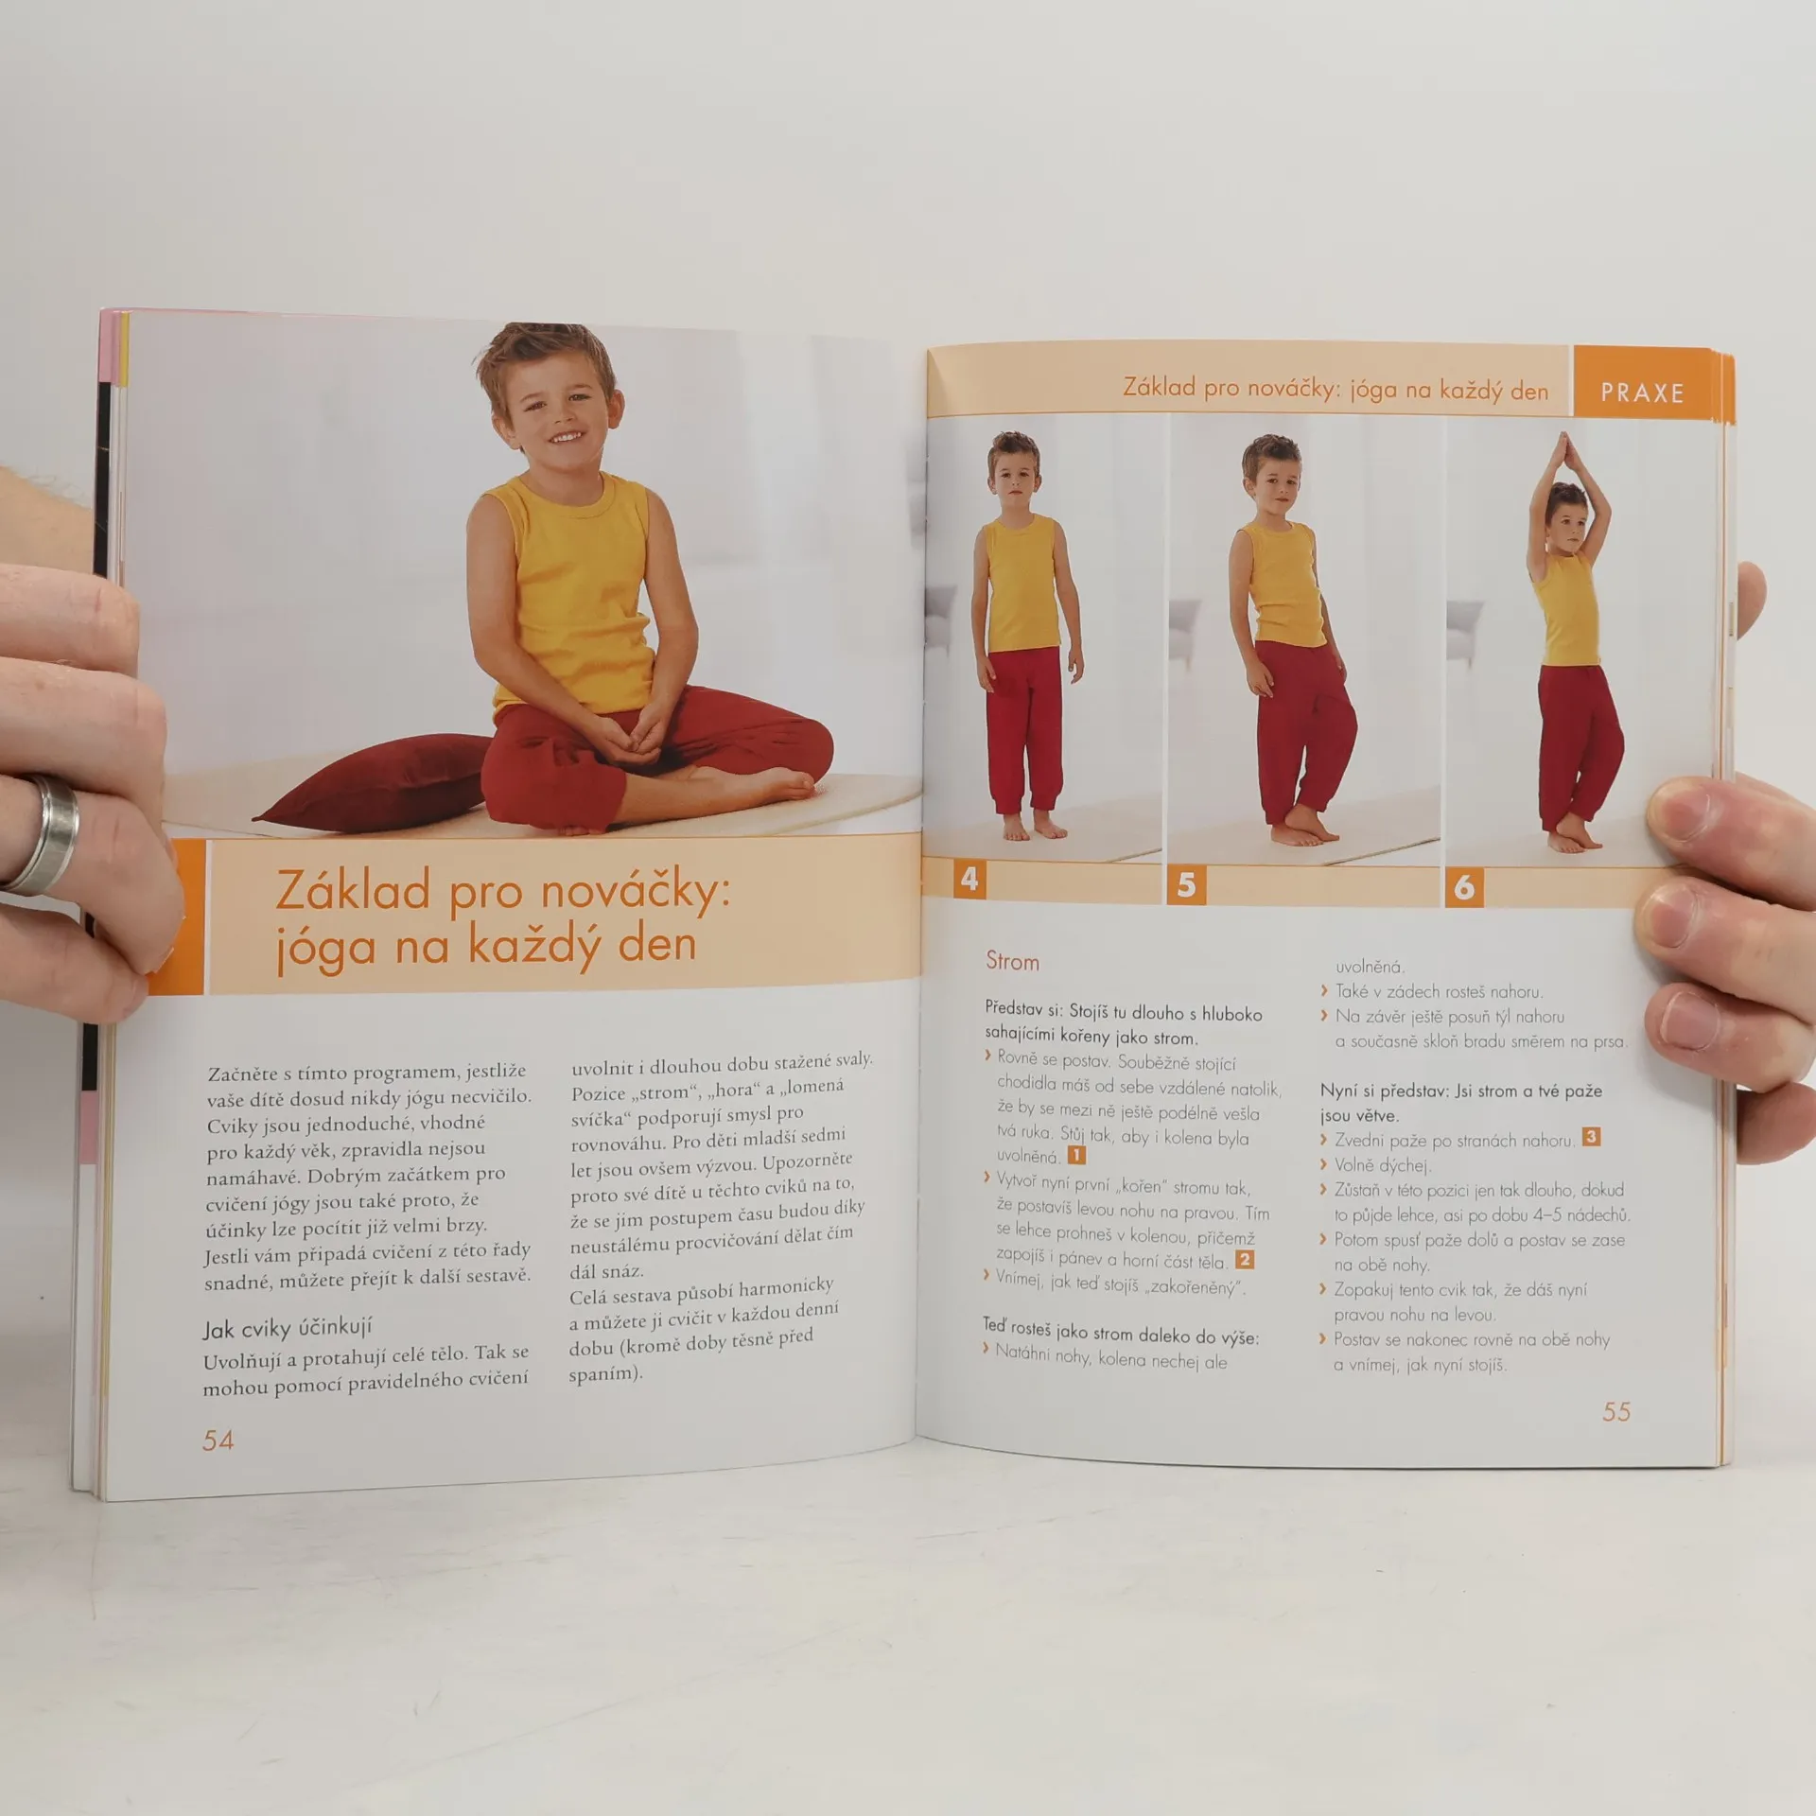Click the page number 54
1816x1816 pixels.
tap(218, 1441)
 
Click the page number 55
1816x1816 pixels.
tap(1616, 1412)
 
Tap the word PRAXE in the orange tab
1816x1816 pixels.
tap(1642, 393)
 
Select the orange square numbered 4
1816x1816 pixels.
tap(969, 879)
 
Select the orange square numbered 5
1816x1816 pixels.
tap(1186, 885)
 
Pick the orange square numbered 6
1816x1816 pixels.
tap(1464, 887)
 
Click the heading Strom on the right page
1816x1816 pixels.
tap(1012, 961)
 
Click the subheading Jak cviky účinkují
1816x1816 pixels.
tap(288, 1328)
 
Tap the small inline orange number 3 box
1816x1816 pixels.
tap(1591, 1136)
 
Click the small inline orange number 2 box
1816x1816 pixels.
tap(1245, 1259)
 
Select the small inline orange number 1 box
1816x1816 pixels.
tap(1076, 1154)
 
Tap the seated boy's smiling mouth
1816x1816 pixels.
tap(566, 436)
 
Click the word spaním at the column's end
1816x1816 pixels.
tap(606, 1374)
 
